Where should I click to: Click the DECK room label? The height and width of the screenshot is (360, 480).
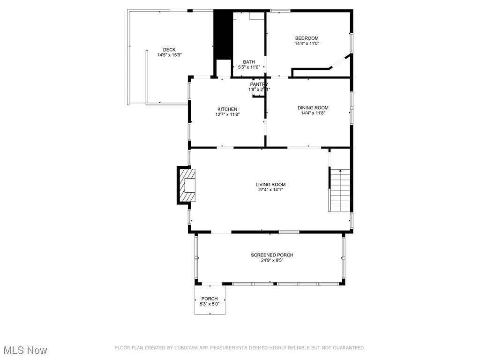169,50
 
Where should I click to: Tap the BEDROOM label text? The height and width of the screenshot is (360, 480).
307,38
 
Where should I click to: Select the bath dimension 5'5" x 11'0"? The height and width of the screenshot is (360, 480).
249,67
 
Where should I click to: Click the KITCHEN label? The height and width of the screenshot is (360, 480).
227,109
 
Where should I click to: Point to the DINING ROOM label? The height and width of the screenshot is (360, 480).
313,108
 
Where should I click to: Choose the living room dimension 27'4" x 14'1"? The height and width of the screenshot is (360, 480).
270,190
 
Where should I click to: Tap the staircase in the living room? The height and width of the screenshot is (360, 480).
340,190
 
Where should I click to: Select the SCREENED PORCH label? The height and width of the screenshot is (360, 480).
272,255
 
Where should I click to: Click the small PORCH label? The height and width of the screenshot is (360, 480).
210,299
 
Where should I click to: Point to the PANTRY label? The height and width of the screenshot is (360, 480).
259,84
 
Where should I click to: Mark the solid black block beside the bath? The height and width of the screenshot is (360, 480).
223,35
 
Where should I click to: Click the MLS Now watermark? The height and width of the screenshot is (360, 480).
25,350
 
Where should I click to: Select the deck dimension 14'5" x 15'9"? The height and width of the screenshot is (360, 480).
169,55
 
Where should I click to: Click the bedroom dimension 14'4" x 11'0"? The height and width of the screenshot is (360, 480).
307,44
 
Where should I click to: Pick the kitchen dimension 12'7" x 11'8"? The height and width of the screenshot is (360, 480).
227,114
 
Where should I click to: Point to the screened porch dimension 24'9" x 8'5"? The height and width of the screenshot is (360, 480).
272,260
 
